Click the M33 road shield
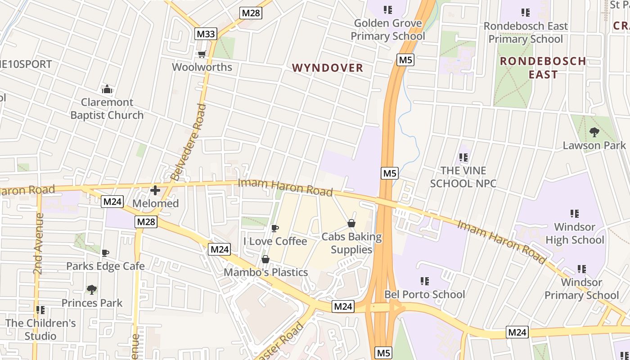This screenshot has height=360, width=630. point(206,33)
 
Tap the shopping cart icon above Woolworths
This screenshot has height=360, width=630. point(202,54)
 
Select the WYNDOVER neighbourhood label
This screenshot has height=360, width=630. point(328,68)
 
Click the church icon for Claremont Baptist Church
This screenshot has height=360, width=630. point(107,89)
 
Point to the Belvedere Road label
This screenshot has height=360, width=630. point(188,142)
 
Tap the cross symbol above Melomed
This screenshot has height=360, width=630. point(155,190)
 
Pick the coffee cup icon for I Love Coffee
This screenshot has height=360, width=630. point(275,228)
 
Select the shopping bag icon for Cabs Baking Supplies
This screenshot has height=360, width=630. point(351,223)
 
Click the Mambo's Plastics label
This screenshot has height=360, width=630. point(265,272)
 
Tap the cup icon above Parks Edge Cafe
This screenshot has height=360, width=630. point(105,253)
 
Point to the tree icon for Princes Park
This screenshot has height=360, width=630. point(92,289)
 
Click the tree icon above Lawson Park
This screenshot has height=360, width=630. point(594,132)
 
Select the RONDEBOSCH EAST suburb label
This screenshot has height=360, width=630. point(543,67)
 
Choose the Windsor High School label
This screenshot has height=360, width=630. point(575,233)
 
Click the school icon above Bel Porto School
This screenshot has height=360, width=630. point(424,281)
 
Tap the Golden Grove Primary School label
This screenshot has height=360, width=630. point(387,30)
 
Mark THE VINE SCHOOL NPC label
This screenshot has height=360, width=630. point(463,177)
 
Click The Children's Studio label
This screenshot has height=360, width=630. point(40,329)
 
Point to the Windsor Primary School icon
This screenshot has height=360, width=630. point(581,269)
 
